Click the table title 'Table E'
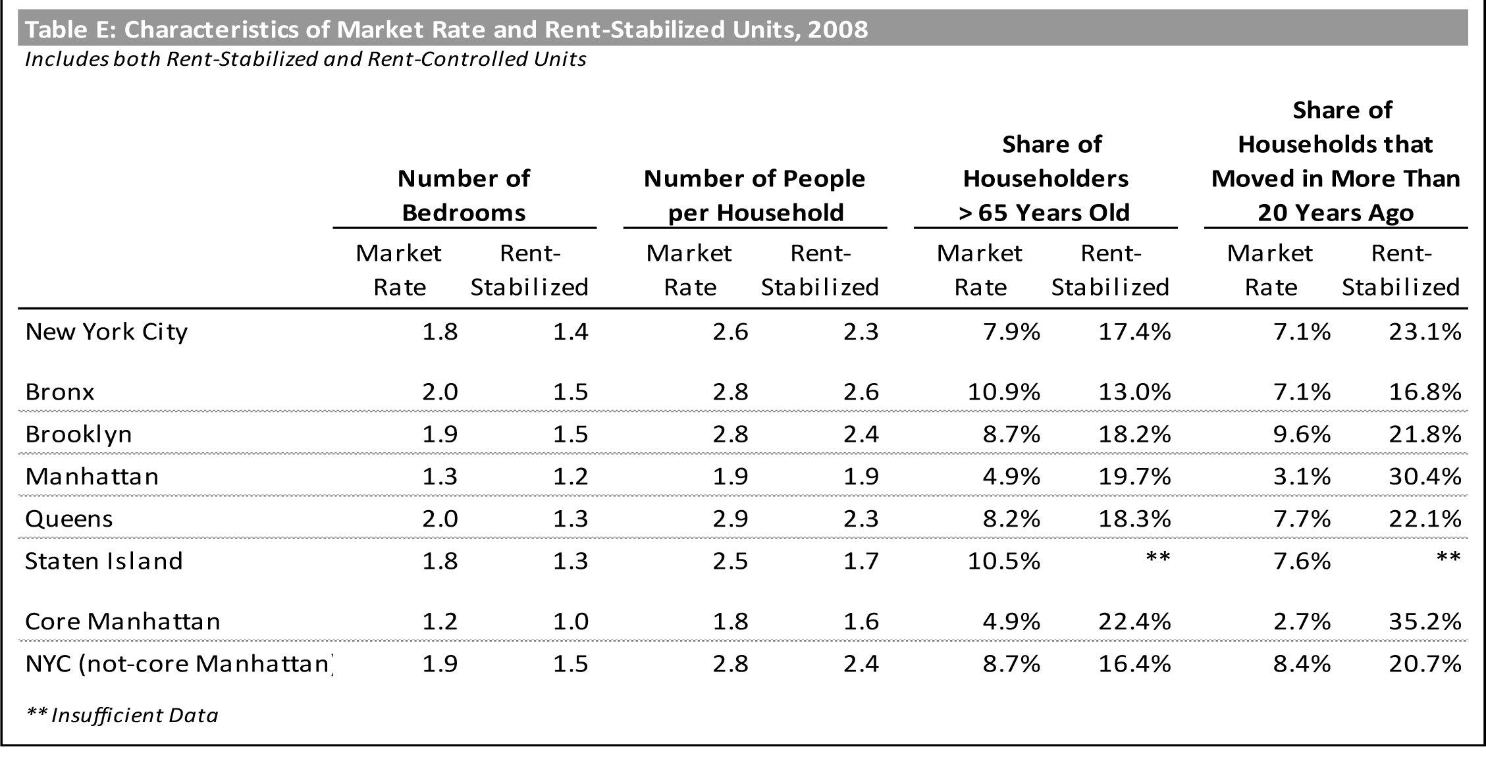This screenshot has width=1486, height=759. pyautogui.click(x=446, y=30)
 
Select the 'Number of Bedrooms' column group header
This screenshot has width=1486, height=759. pyautogui.click(x=464, y=196)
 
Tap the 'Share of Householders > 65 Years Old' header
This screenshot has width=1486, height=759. pyautogui.click(x=1045, y=178)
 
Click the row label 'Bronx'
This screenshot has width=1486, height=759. pyautogui.click(x=60, y=392)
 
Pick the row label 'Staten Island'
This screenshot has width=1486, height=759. pyautogui.click(x=104, y=561)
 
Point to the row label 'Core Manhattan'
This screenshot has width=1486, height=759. pyautogui.click(x=122, y=621)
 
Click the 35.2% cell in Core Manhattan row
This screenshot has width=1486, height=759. pyautogui.click(x=1425, y=621)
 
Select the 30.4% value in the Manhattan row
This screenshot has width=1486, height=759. pyautogui.click(x=1425, y=477)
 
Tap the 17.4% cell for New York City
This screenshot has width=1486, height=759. pyautogui.click(x=1134, y=332)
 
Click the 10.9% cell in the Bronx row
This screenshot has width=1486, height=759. pyautogui.click(x=1003, y=392)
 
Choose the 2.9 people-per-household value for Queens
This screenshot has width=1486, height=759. pyautogui.click(x=730, y=519)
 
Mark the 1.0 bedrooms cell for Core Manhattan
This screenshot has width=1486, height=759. pyautogui.click(x=570, y=621)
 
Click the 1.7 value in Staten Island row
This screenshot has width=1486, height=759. pyautogui.click(x=861, y=561)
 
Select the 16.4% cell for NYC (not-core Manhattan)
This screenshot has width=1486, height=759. pyautogui.click(x=1134, y=664)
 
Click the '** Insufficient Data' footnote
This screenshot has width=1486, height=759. pyautogui.click(x=122, y=715)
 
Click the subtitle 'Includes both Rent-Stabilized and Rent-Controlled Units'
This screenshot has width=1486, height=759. pyautogui.click(x=305, y=59)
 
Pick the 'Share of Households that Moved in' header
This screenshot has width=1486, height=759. pyautogui.click(x=1335, y=161)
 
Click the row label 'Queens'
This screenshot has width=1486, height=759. pyautogui.click(x=69, y=519)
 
